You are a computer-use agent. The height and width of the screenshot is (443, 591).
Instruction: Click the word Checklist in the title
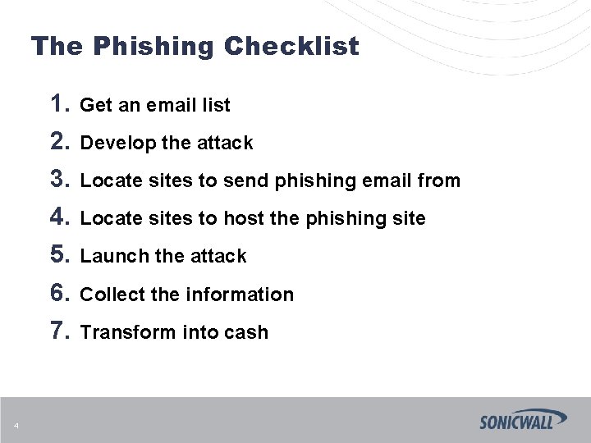291,46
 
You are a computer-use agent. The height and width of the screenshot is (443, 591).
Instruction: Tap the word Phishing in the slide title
153,46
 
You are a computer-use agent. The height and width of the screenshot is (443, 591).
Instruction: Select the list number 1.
59,104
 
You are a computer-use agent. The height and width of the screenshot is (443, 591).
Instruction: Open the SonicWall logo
523,419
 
